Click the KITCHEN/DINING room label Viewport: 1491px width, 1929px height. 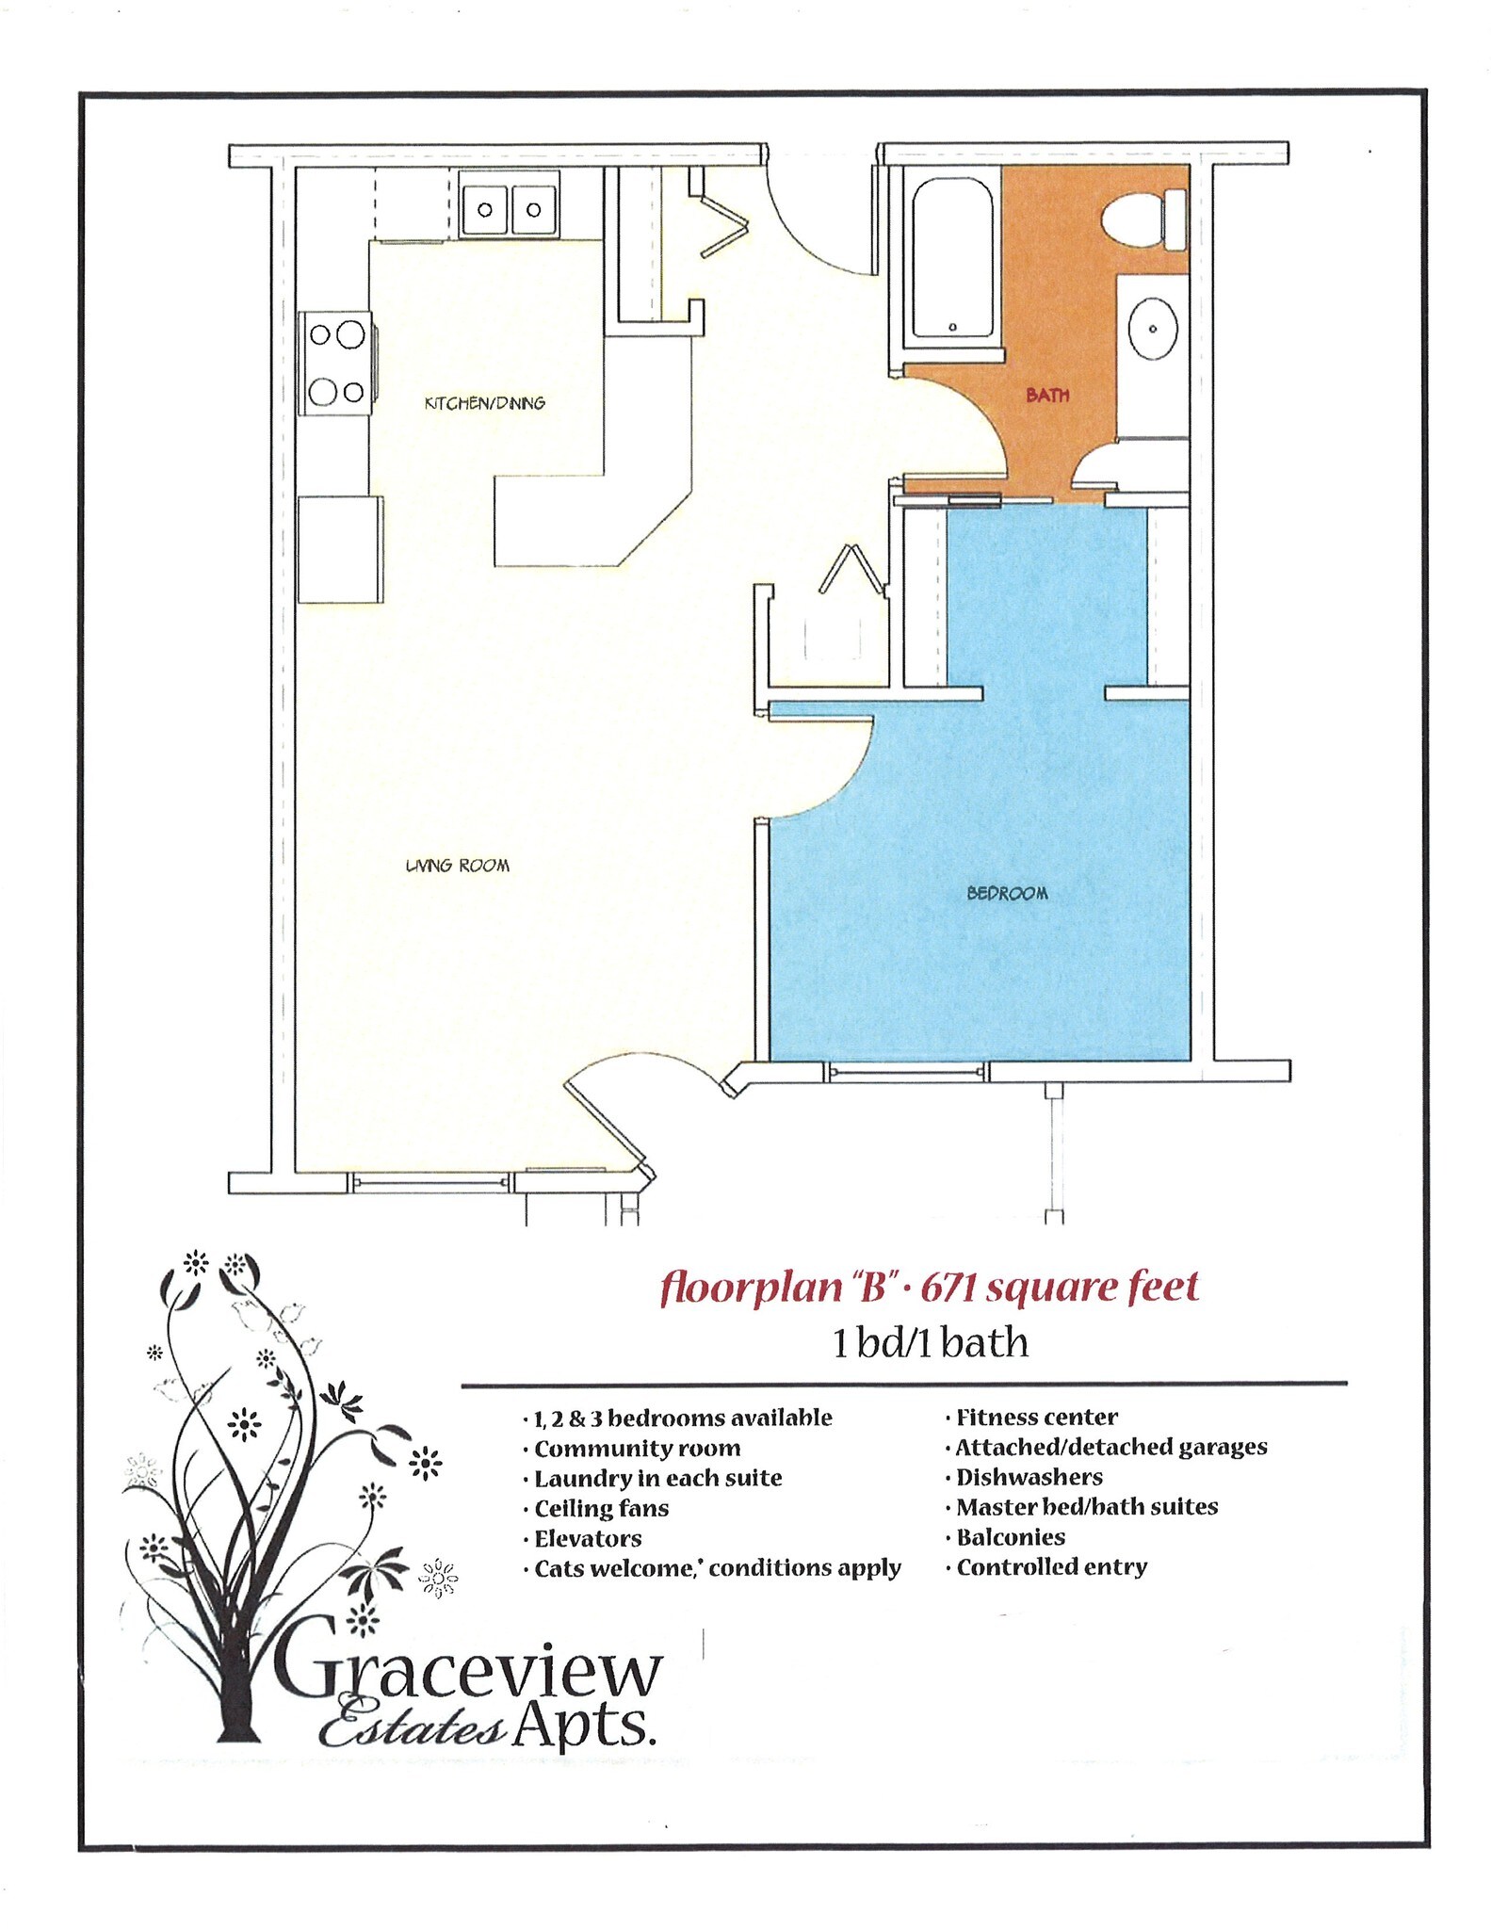click(x=485, y=403)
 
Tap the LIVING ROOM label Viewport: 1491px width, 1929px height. click(x=458, y=866)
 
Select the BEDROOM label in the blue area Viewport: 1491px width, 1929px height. click(x=1007, y=893)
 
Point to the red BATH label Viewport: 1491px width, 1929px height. click(x=1047, y=396)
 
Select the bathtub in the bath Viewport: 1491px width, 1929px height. click(x=952, y=256)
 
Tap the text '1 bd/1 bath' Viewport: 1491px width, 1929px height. click(x=930, y=1342)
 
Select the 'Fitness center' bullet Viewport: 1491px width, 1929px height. click(x=1036, y=1418)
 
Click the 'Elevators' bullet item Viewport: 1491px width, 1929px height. click(x=588, y=1538)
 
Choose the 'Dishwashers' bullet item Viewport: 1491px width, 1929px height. click(x=1029, y=1477)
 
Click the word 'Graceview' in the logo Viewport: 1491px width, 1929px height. click(x=467, y=1672)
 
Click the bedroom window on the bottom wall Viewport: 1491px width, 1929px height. click(x=907, y=1073)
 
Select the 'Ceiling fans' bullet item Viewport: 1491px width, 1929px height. click(x=601, y=1508)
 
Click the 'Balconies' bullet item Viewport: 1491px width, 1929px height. click(x=1011, y=1537)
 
